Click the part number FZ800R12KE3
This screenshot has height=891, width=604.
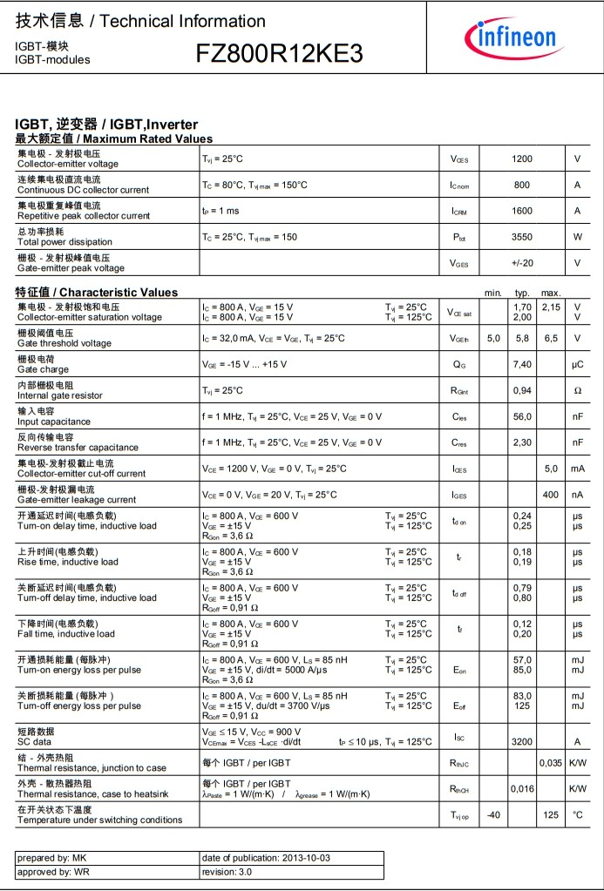click(279, 54)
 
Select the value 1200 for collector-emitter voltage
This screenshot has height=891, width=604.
click(522, 159)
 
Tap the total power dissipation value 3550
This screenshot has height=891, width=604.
click(522, 237)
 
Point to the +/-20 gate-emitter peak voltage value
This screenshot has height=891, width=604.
click(522, 263)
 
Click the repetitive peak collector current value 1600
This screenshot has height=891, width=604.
click(522, 211)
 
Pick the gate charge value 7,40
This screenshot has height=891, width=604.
click(522, 365)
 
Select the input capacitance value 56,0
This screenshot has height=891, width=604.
click(522, 417)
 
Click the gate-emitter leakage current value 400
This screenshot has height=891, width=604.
click(551, 495)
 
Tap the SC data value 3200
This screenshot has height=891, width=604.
click(522, 742)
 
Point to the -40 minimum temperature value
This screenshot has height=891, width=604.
click(493, 815)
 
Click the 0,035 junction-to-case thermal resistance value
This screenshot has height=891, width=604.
click(551, 763)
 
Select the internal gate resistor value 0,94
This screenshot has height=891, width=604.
click(522, 391)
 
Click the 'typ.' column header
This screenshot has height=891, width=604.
click(523, 293)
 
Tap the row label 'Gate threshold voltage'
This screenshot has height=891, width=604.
click(64, 343)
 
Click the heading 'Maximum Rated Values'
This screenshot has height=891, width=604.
click(147, 138)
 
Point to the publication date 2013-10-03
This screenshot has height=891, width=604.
click(291, 858)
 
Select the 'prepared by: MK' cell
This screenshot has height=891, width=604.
click(52, 858)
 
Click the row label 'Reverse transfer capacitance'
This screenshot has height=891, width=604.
click(78, 448)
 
